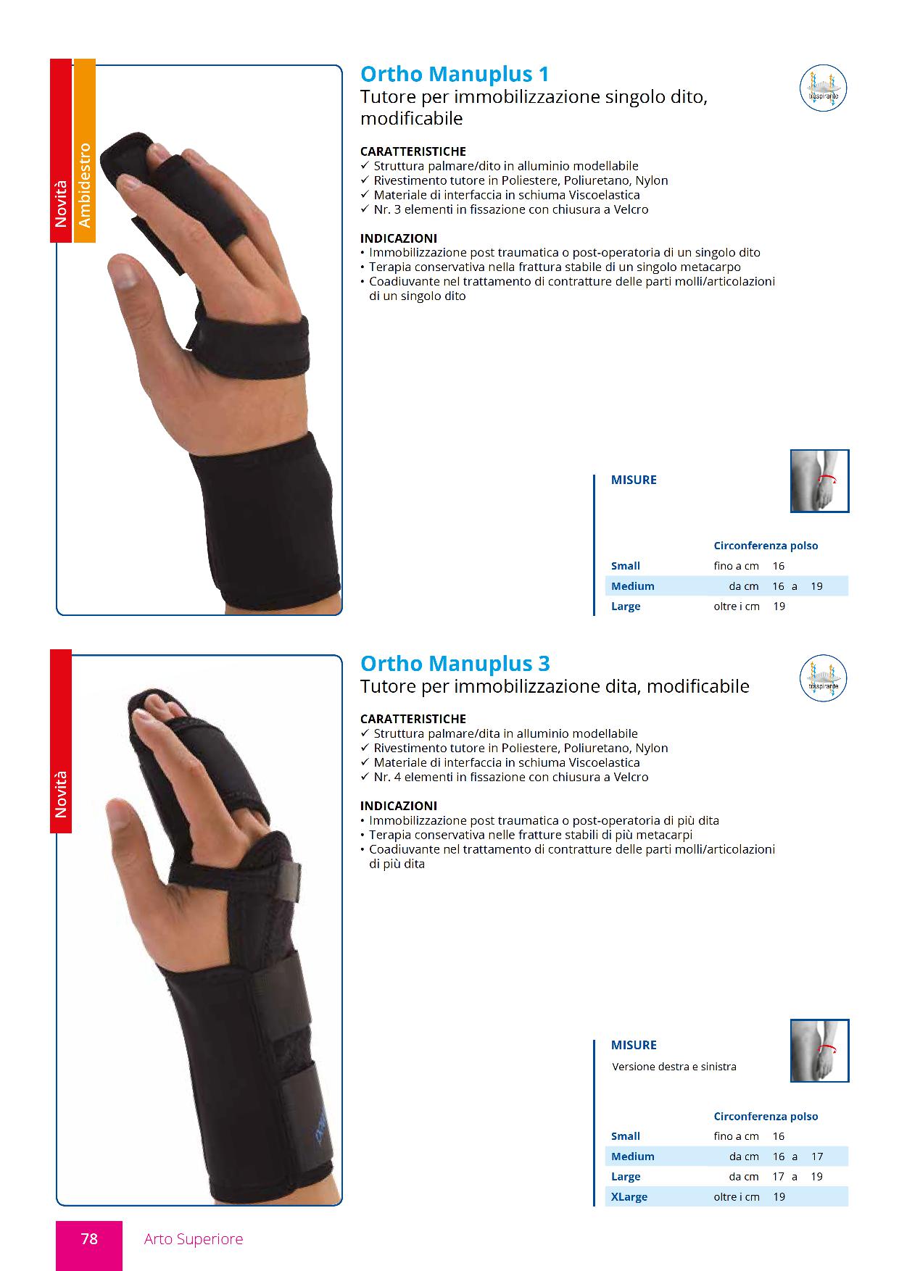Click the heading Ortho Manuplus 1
(455, 75)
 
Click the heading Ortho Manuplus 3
(455, 664)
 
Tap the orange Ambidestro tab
(84, 151)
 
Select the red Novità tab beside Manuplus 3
(61, 741)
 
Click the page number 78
(89, 1239)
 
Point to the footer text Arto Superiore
(194, 1239)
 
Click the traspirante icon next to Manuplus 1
(824, 88)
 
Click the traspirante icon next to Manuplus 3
(824, 678)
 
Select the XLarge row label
(629, 1197)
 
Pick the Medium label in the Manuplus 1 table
(633, 586)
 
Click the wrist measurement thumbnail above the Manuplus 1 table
(819, 481)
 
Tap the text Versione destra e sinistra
(674, 1067)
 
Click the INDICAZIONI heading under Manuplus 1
(399, 238)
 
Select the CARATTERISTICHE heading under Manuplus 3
(413, 719)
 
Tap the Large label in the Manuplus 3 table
(626, 1177)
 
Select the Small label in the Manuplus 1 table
(626, 566)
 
